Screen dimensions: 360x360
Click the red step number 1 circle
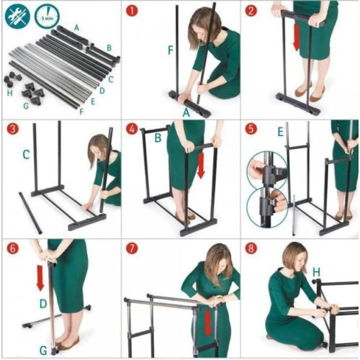pos(132,11)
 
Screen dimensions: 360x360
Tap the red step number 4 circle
pos(132,129)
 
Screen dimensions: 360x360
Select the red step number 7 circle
pos(132,248)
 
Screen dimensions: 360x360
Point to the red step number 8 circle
pos(251,248)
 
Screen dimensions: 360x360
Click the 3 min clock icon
pos(47,16)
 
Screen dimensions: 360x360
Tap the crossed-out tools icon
pos(17,15)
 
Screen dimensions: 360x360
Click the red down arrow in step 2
pos(297,37)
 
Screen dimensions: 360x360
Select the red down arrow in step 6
pos(40,277)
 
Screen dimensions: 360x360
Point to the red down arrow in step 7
pos(208,323)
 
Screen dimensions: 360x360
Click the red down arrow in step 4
pos(201,166)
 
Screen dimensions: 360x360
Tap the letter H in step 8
pos(316,272)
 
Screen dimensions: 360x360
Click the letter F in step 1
pos(171,50)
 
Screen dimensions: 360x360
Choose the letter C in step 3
pos(26,155)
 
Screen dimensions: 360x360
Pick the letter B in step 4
pos(158,138)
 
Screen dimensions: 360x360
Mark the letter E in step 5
pos(280,132)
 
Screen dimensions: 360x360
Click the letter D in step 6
pos(43,304)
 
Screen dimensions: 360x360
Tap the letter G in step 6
pos(43,351)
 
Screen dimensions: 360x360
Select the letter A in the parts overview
pos(76,28)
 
